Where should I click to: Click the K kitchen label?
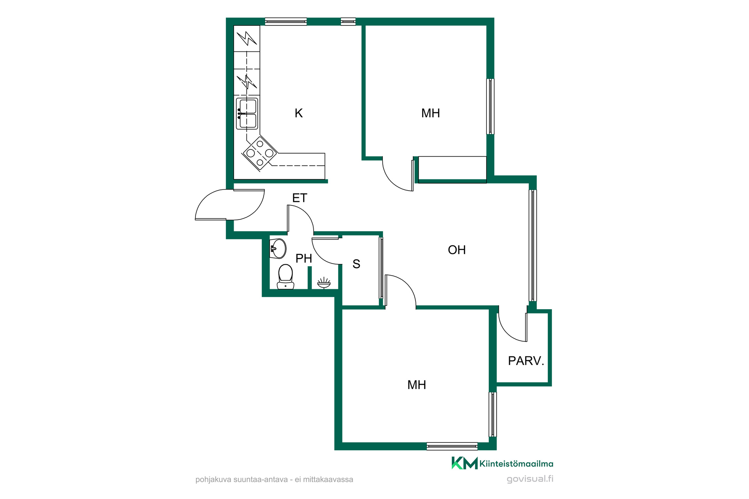tap(298, 113)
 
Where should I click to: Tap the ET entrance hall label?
tap(300, 198)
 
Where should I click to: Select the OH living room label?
tap(457, 250)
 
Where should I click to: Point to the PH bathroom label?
tap(304, 258)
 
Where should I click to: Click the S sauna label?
tap(356, 264)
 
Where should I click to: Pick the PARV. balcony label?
tap(526, 361)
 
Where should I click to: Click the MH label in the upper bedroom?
tap(431, 113)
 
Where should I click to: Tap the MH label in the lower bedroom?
tap(417, 385)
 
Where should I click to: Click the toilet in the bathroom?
tap(286, 277)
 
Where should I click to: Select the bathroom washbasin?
tap(278, 248)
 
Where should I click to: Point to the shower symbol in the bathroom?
tap(324, 283)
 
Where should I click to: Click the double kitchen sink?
tap(247, 113)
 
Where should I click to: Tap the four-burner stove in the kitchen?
tap(260, 153)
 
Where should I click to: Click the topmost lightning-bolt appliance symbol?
tap(247, 38)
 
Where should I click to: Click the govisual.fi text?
tap(530, 479)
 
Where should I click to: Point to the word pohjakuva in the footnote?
tap(213, 480)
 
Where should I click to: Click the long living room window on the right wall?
tap(532, 245)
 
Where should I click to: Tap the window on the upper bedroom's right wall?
tap(490, 106)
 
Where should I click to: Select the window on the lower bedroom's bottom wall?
tap(452, 446)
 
